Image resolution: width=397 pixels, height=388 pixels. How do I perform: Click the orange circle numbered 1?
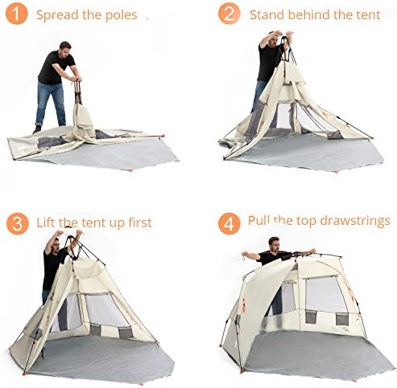pos(17,14)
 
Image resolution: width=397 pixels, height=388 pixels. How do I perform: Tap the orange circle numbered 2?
pos(229,14)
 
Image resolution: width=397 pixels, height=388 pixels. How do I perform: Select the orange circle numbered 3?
pos(18,223)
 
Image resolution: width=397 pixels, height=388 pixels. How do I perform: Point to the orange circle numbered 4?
pos(229,223)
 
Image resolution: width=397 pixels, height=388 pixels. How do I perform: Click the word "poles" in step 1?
pos(122,15)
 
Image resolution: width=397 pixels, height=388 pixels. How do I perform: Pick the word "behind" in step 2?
pos(309,14)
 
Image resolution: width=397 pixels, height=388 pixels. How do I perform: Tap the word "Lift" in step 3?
pos(46,223)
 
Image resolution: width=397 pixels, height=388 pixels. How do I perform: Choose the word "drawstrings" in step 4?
pos(355,221)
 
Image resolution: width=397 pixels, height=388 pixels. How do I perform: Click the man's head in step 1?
pos(65,48)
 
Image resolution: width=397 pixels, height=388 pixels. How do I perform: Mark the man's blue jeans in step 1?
pos(50,104)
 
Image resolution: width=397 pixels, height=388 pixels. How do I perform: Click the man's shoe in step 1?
pos(37,130)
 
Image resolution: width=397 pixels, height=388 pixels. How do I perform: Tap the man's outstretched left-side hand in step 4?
pos(245,255)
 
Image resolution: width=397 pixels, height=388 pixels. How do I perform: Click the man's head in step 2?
pos(272,39)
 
